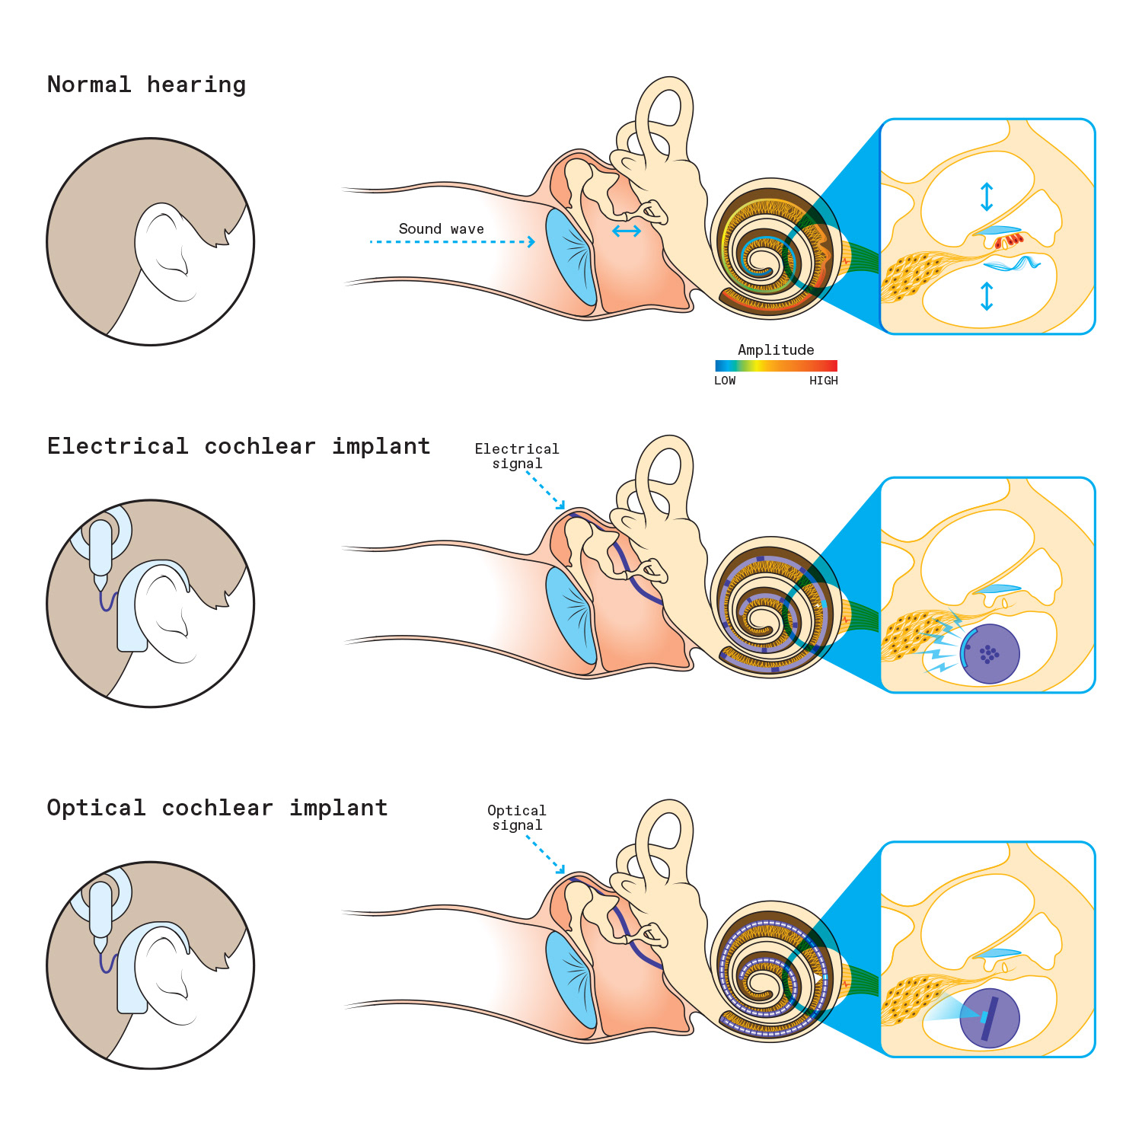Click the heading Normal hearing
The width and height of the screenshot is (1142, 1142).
click(146, 85)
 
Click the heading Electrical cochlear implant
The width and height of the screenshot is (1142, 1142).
click(238, 446)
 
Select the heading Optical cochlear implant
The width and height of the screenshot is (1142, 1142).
click(217, 808)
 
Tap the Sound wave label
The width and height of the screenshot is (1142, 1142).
click(441, 229)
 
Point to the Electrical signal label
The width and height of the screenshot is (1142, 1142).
click(517, 456)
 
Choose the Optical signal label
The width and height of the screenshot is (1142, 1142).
click(517, 818)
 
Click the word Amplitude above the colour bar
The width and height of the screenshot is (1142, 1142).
click(776, 350)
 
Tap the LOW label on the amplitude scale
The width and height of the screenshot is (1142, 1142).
click(725, 381)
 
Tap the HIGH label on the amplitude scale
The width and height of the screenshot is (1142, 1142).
click(823, 381)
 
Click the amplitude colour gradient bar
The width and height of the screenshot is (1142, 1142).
click(776, 365)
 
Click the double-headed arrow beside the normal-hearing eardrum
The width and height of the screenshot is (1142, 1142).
click(627, 231)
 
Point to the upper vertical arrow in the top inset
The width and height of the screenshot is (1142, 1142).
click(987, 196)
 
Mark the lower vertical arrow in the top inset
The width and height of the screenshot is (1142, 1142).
click(987, 296)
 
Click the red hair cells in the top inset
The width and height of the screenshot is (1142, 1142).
click(1010, 241)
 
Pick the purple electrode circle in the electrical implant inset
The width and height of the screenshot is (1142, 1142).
click(990, 654)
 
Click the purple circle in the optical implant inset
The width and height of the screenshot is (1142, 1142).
click(990, 1018)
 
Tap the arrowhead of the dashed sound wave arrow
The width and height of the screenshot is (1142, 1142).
click(531, 242)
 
